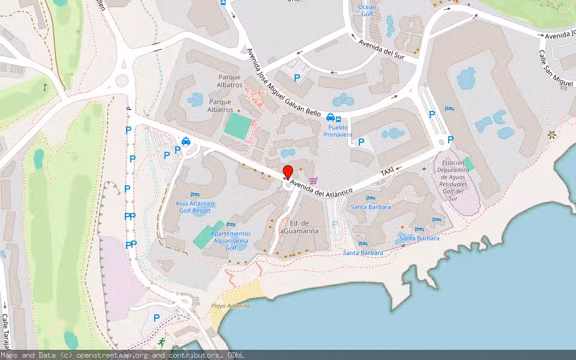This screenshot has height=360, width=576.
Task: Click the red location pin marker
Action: coord(288,172)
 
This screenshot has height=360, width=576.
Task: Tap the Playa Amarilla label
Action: coord(230,306)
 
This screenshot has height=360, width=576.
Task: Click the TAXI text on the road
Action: coord(388,172)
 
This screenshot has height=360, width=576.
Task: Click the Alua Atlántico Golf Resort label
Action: coord(193,207)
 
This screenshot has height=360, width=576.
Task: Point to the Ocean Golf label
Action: coord(367,10)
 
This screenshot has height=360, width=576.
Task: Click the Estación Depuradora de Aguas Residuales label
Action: coord(461,181)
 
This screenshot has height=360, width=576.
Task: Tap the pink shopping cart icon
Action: coord(313,180)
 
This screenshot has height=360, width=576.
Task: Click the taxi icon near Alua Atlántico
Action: coord(186,142)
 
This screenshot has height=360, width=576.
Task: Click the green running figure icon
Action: coord(161,341)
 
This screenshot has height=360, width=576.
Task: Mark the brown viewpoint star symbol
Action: coord(552,136)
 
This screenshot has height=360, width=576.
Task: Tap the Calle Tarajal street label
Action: coord(5,333)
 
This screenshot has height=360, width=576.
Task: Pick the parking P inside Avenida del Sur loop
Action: coord(296,77)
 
